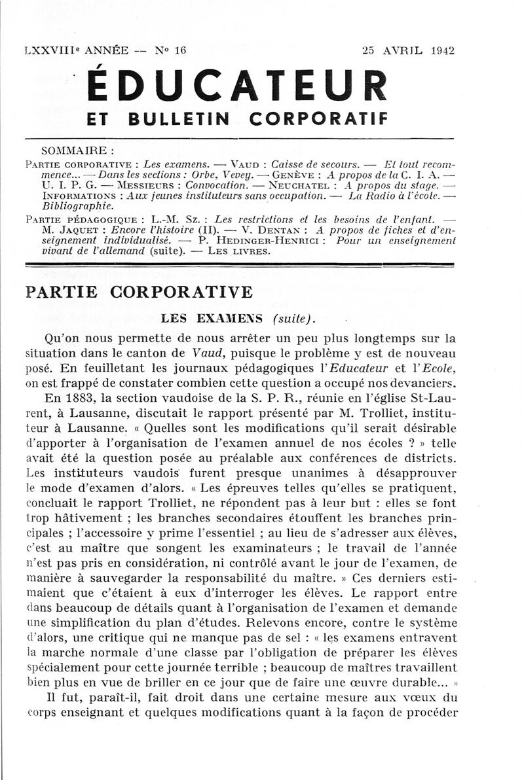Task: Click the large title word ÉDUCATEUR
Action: [238, 86]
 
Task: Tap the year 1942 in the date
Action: [442, 50]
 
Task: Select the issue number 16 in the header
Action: [180, 50]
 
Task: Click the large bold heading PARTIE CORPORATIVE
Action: [139, 292]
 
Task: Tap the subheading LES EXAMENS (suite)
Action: [238, 319]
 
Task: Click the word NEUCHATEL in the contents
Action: [301, 185]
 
